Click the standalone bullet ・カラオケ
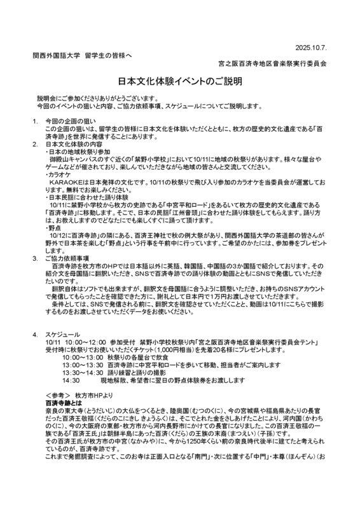click(59, 174)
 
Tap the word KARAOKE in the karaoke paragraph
click(65, 182)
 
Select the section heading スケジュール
click(63, 334)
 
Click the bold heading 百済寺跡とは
click(64, 403)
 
